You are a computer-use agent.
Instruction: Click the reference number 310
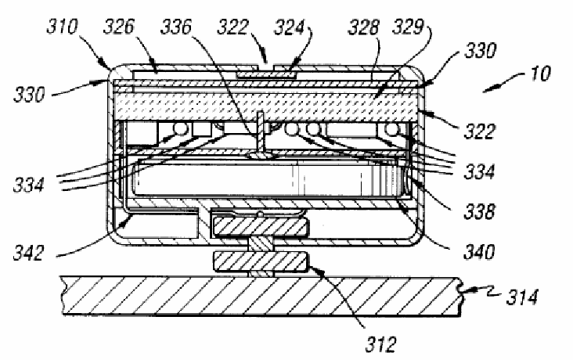point(62,27)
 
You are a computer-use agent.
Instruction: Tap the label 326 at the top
point(119,27)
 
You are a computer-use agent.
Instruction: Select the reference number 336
point(176,27)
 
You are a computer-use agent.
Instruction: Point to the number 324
point(289,27)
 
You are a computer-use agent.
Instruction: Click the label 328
point(363,27)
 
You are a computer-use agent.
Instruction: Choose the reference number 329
point(408,27)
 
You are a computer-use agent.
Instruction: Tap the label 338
point(479,211)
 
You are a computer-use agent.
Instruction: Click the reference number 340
point(479,251)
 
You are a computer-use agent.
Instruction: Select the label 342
point(28,253)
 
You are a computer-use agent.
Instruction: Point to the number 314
point(522,297)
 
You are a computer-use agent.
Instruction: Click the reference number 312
point(380,344)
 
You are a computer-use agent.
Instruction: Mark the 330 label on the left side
point(29,94)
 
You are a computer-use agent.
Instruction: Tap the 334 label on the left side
point(28,185)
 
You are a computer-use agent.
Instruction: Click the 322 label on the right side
point(479,131)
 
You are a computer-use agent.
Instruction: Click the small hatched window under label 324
point(265,75)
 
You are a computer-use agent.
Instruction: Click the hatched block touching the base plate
point(260,262)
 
